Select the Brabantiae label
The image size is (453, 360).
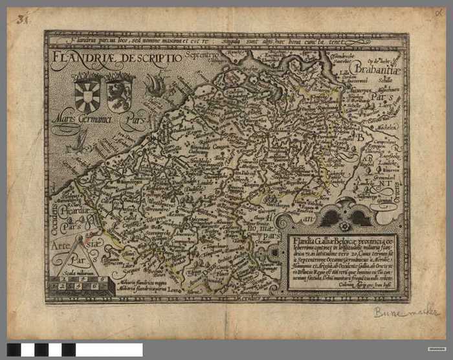[x=376, y=67]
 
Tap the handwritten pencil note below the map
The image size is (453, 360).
[x=405, y=312]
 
